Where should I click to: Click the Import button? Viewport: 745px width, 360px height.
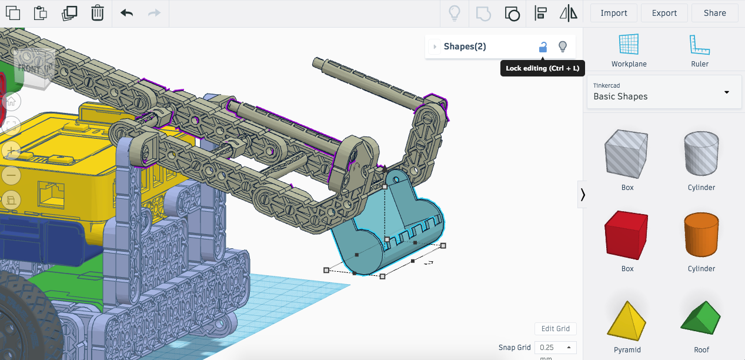tap(613, 13)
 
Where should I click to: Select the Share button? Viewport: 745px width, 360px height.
tap(714, 13)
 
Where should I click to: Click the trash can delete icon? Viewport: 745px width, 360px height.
tap(98, 13)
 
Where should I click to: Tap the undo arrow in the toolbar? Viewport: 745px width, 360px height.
tap(126, 13)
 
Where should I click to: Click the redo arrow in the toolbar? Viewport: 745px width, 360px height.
tap(154, 13)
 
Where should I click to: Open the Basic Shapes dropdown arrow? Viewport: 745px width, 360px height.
tap(727, 92)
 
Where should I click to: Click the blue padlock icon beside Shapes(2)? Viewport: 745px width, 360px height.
tap(543, 47)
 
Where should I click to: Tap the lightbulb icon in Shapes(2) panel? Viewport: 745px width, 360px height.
tap(563, 46)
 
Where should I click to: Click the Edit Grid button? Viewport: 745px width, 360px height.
tap(555, 329)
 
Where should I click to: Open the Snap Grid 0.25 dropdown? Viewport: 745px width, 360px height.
tap(555, 348)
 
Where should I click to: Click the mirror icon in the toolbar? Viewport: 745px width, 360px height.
tap(568, 13)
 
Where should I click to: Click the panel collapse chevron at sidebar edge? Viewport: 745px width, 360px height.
tap(583, 195)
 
